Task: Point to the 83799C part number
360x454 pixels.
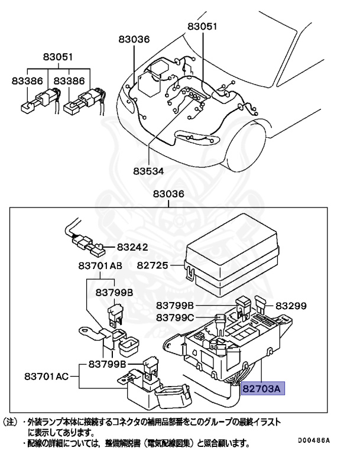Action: [175, 317]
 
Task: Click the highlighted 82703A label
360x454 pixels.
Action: [263, 388]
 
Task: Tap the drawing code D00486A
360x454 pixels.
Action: [313, 440]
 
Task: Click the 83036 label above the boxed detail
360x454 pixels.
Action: [168, 194]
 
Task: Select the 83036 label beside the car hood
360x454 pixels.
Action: [134, 39]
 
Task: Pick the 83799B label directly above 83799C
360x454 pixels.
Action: [175, 306]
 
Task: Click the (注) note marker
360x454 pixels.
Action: [11, 423]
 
